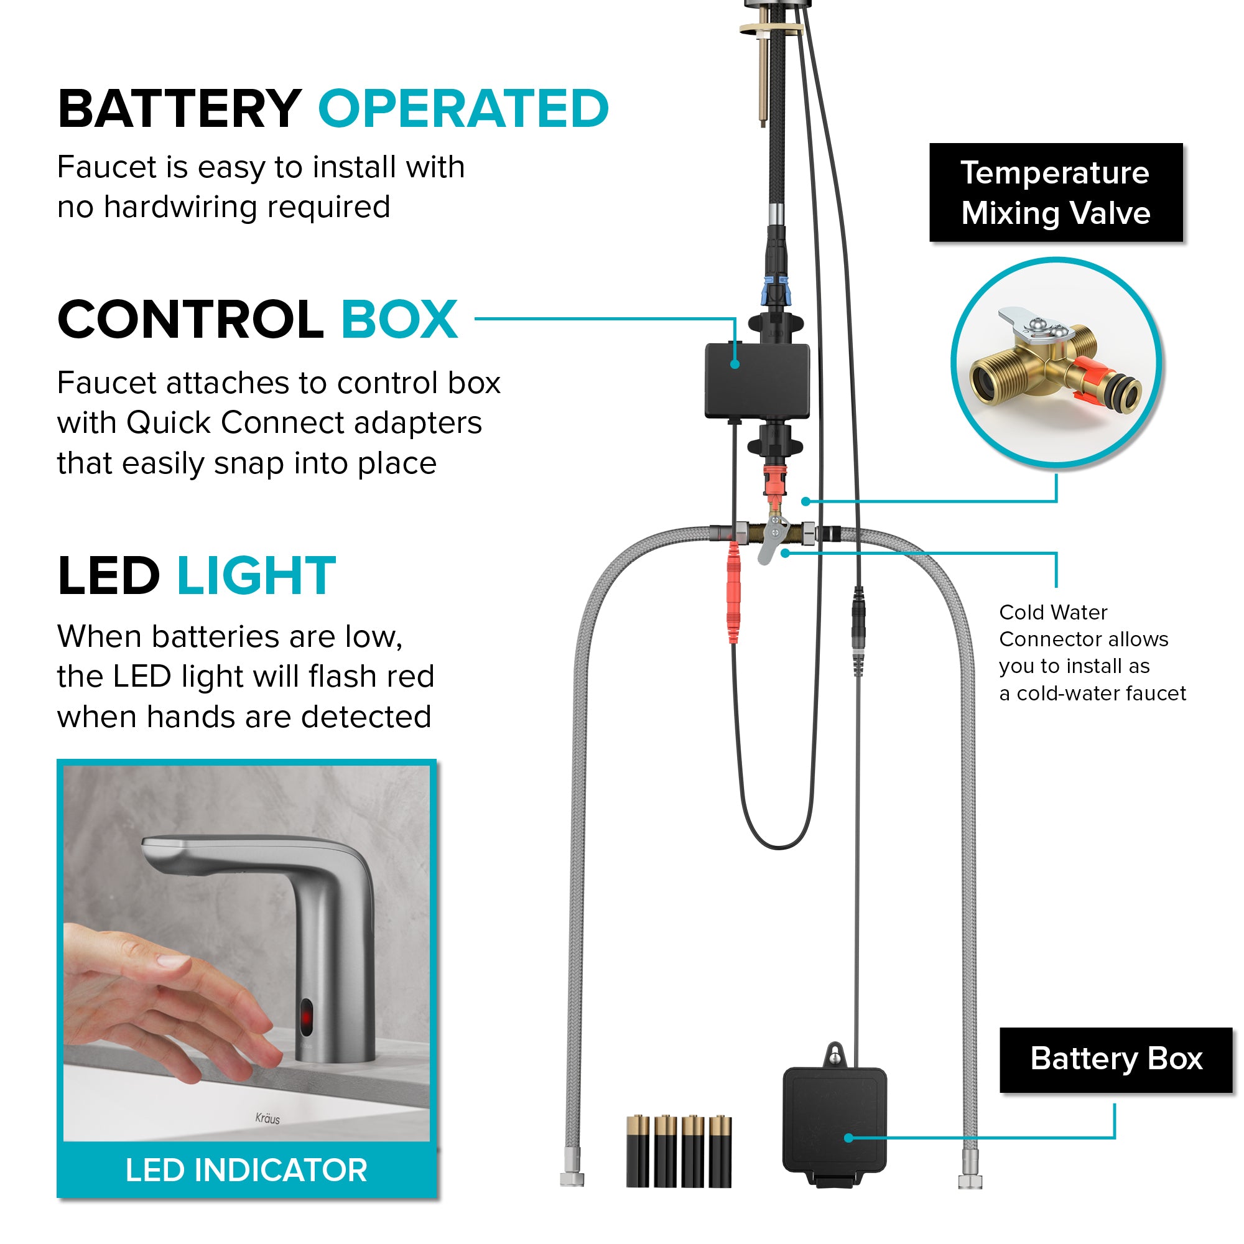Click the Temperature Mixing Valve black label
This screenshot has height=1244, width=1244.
point(1056,193)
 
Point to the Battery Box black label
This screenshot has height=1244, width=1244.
point(1116,1060)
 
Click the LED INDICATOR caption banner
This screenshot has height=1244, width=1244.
point(246,1170)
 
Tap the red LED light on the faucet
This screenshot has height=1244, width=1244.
point(307,1018)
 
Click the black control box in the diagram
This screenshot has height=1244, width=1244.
point(757,381)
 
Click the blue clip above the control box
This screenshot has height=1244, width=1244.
point(774,290)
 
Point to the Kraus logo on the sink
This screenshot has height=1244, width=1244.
point(267,1118)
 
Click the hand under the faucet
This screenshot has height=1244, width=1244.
point(167,1005)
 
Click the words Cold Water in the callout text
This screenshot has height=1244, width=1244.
point(1054,612)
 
